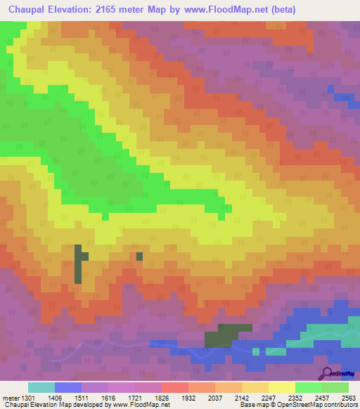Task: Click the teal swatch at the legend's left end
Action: [x=41, y=387]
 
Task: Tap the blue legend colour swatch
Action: [x=67, y=387]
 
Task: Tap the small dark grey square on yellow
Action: [x=139, y=256]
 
